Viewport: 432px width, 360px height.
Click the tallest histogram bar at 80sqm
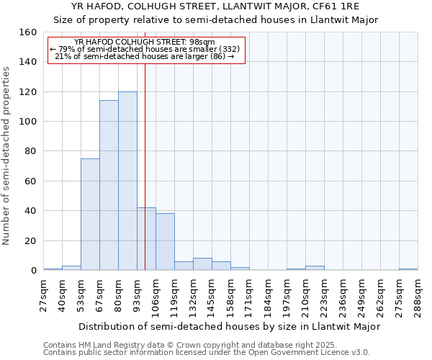coord(127,181)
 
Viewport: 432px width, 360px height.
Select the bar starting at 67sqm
coord(109,185)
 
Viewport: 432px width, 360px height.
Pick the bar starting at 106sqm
coord(165,242)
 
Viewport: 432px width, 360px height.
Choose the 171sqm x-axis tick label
coord(250,297)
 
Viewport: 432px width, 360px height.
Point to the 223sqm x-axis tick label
coord(324,297)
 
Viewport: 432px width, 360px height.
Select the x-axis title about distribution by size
coord(229,326)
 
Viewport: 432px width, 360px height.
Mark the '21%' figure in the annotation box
coord(62,56)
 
